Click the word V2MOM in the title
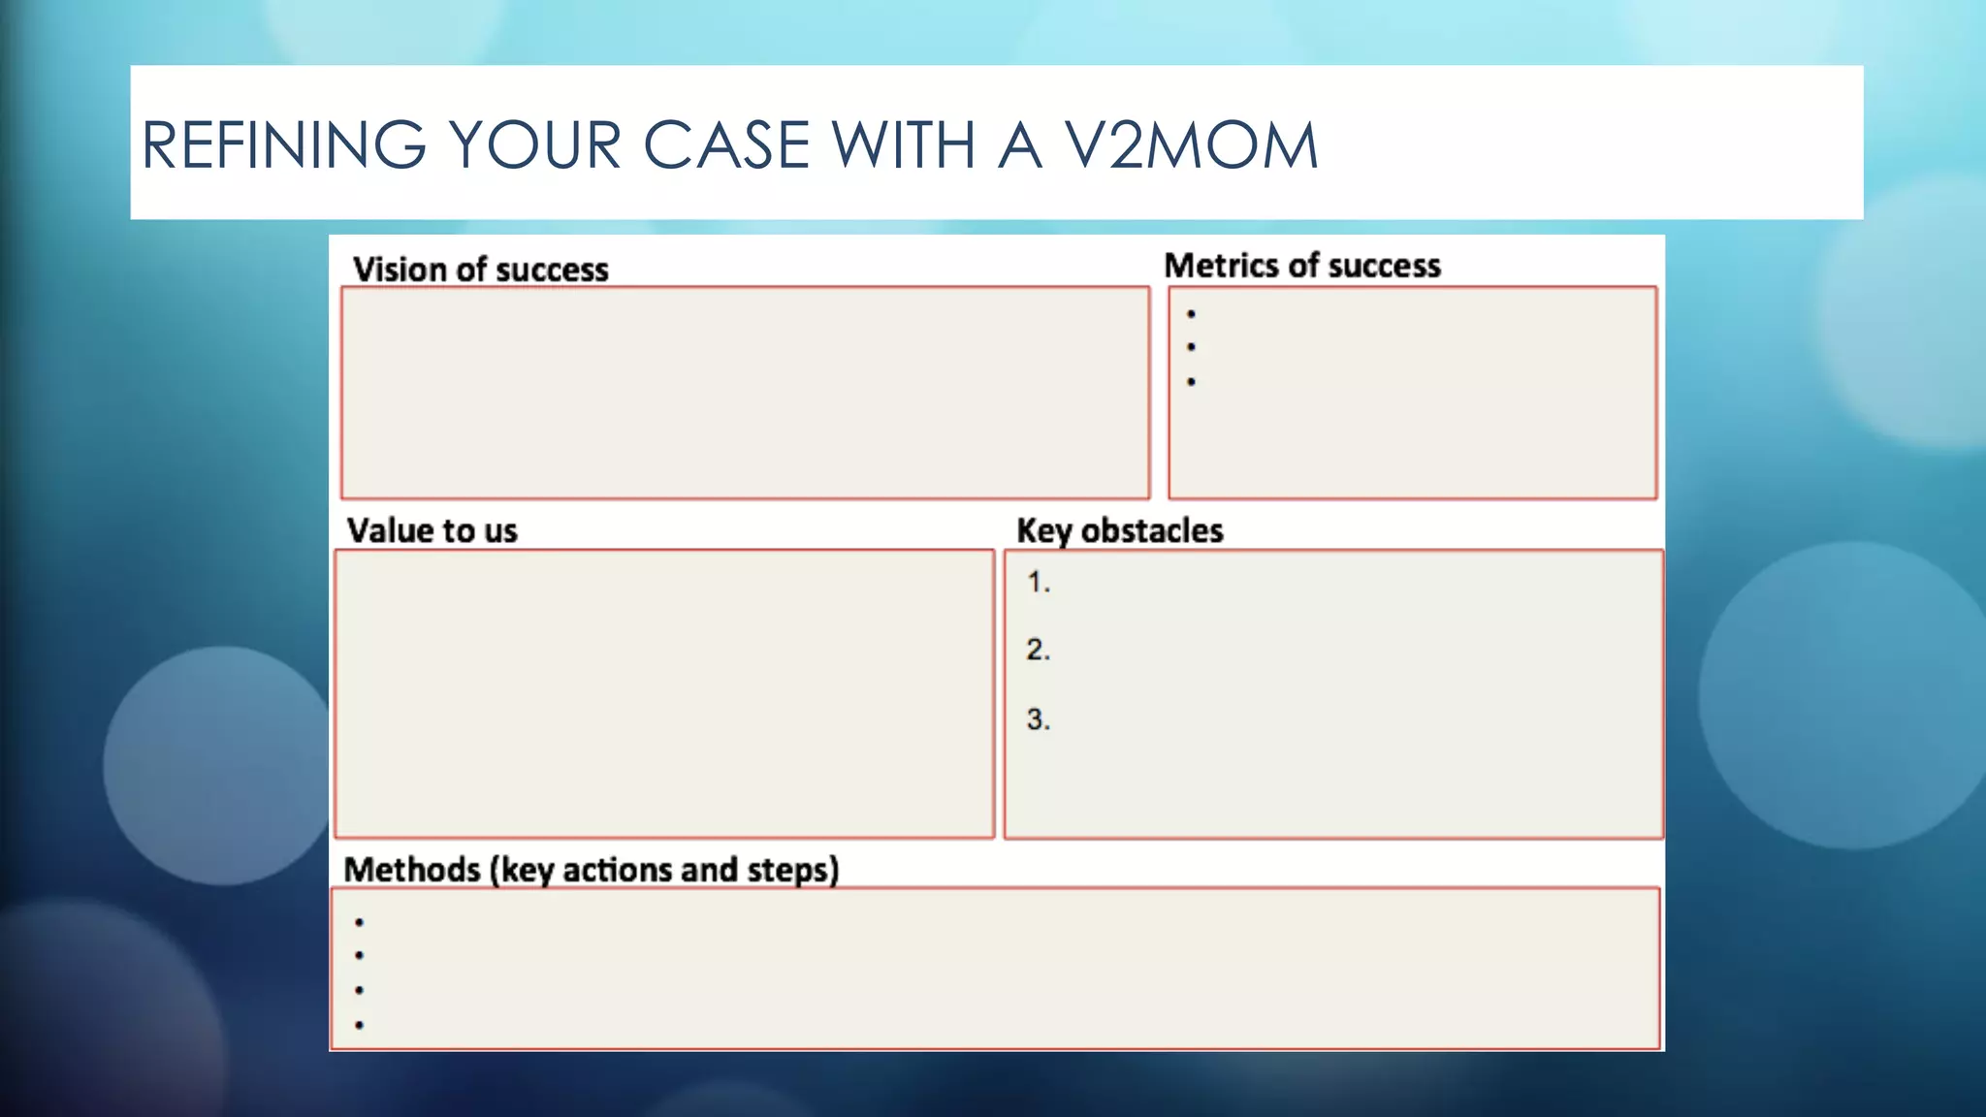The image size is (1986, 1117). [1191, 145]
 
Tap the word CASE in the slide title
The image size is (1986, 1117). [725, 145]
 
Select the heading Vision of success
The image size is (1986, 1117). [480, 269]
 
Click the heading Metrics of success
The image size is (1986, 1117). [1301, 265]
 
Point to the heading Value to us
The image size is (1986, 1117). [432, 530]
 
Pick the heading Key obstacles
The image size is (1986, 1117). [1119, 530]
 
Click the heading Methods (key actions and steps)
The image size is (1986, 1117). [591, 869]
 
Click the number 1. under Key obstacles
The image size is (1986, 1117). [1038, 582]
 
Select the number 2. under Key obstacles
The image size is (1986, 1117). [1038, 649]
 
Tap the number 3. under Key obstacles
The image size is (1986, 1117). [1038, 719]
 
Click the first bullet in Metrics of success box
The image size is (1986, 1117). [1191, 314]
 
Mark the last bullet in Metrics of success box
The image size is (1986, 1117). [1191, 382]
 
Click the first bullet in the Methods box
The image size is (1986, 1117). [359, 922]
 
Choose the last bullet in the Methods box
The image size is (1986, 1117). [359, 1025]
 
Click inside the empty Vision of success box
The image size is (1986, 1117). [745, 393]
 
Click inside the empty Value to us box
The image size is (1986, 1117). [664, 693]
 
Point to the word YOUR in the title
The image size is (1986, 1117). [534, 145]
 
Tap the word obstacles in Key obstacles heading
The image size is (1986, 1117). [1152, 530]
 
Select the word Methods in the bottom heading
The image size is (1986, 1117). [412, 869]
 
